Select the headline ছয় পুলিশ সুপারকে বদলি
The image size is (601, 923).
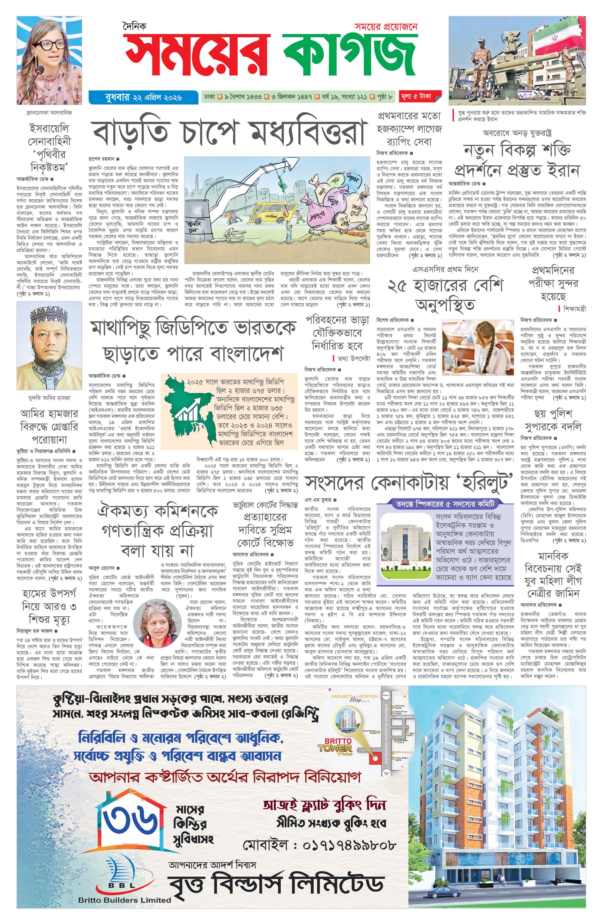[553, 420]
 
